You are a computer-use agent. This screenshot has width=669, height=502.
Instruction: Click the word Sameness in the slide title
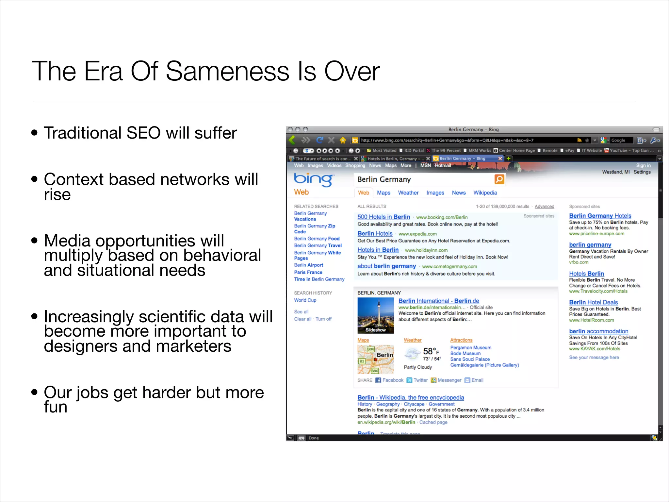pos(227,71)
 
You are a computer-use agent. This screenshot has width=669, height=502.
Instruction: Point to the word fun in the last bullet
pos(56,407)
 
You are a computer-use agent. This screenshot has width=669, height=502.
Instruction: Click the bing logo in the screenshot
pos(313,179)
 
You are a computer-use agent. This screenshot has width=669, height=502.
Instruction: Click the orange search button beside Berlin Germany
pos(499,179)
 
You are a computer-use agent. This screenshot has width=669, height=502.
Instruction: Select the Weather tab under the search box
pos(408,193)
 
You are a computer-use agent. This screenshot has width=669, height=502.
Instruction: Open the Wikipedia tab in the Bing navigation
pos(485,193)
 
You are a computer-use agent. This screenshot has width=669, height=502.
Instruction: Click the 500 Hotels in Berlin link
pos(383,217)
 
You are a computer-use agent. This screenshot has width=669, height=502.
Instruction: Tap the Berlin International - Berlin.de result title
pos(438,301)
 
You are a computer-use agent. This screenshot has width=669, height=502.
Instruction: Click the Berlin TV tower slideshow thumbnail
pos(375,315)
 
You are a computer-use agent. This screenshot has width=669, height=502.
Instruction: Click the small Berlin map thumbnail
pos(375,359)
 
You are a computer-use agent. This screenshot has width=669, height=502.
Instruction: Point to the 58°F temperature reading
pos(431,351)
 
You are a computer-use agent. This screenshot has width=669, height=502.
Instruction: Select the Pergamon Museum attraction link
pos(470,348)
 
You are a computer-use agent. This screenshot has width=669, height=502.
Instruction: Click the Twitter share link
pos(420,380)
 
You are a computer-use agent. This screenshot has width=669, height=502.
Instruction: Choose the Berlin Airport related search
pos(308,265)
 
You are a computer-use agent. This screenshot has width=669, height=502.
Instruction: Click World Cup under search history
pos(305,300)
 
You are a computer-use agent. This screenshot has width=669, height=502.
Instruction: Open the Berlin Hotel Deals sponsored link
pos(593,303)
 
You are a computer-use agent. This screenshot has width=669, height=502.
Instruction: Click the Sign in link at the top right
pos(643,166)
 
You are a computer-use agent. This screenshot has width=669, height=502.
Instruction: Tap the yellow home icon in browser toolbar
pos(343,141)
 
